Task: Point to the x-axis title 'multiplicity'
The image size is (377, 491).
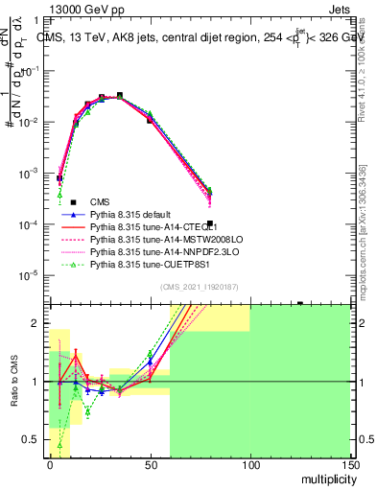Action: (321, 479)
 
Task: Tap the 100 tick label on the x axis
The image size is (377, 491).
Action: (249, 463)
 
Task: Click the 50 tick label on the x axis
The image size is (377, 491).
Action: (150, 463)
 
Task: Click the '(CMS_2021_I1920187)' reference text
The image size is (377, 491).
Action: (200, 287)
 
